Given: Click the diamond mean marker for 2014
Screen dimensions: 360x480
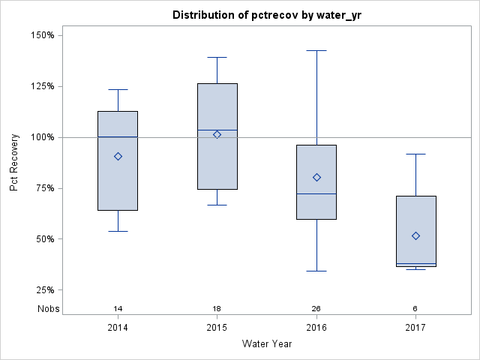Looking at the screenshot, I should pyautogui.click(x=118, y=156).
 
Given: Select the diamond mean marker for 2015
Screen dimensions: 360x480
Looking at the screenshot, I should pyautogui.click(x=217, y=134).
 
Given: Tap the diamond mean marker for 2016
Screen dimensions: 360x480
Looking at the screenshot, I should pyautogui.click(x=316, y=177).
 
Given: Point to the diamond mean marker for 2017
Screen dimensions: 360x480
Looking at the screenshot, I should pyautogui.click(x=415, y=235).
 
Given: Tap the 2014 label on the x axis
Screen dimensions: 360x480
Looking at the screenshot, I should pyautogui.click(x=118, y=328).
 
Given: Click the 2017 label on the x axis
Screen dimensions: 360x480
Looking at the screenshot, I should pyautogui.click(x=415, y=328).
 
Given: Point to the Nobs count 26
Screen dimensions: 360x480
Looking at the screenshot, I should pyautogui.click(x=316, y=308).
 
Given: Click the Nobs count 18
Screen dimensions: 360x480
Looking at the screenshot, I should pyautogui.click(x=217, y=308).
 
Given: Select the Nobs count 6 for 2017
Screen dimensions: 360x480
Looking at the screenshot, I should pyautogui.click(x=415, y=308).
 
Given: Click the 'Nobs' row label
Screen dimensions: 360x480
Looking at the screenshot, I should pyautogui.click(x=49, y=308).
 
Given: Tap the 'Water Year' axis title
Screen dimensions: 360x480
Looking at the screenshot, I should pyautogui.click(x=266, y=344).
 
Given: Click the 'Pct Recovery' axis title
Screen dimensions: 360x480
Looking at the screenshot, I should pyautogui.click(x=14, y=163).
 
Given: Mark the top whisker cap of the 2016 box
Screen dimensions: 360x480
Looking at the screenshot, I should pyautogui.click(x=316, y=50).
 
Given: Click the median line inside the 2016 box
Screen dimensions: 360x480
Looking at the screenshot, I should pyautogui.click(x=316, y=193).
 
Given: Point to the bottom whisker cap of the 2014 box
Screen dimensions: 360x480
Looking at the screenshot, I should pyautogui.click(x=118, y=231).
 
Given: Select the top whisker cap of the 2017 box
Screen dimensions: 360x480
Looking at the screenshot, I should pyautogui.click(x=415, y=154).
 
